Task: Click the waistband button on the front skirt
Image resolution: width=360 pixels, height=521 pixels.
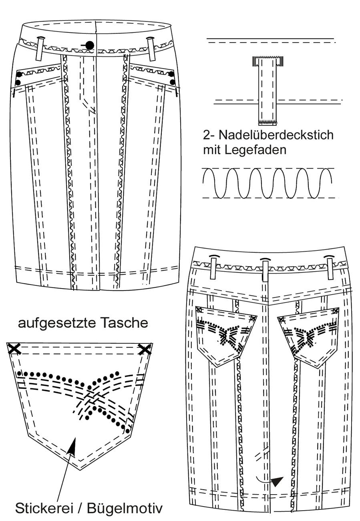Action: point(90,44)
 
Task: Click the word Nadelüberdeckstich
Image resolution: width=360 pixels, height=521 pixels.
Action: point(276,135)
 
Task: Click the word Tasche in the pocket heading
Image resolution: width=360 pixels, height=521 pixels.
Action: point(124,323)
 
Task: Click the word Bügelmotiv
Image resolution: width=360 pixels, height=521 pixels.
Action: point(125,508)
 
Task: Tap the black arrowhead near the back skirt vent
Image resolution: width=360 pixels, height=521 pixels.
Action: point(277,481)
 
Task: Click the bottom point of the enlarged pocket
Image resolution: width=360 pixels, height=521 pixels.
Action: point(80,470)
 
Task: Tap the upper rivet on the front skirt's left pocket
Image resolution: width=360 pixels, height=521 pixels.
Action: point(19,75)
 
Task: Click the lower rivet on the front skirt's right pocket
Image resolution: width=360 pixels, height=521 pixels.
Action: point(172,82)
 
